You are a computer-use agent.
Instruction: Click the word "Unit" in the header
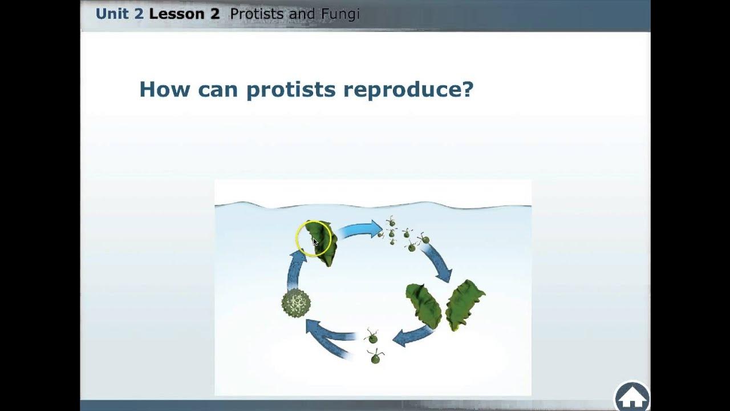112,14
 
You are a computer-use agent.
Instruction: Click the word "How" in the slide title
164,90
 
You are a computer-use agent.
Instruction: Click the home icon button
632,396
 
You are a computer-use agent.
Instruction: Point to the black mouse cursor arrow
315,241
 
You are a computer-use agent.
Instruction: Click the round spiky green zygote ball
296,303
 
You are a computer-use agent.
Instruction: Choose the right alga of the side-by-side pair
465,304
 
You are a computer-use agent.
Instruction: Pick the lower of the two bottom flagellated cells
375,358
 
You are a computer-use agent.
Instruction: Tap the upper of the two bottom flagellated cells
372,337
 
